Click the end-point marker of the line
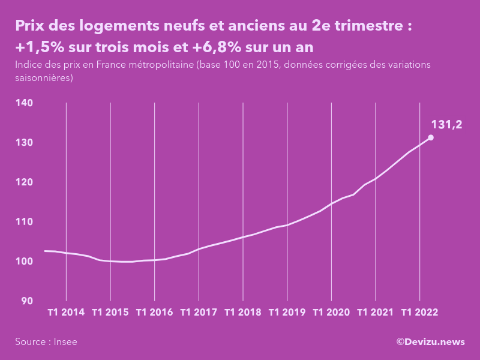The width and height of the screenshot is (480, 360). coord(431,137)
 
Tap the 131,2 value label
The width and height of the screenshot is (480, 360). coord(446,124)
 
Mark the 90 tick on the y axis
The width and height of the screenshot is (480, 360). coord(27,301)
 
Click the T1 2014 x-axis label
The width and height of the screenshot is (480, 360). coord(66,313)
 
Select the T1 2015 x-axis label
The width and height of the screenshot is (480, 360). coord(110,313)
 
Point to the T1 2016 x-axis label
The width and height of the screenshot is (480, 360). coord(155,313)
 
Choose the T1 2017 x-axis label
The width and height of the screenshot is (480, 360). coord(199,313)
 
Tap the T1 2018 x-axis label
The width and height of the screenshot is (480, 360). coord(243,313)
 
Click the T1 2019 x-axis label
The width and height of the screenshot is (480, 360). coord(287,313)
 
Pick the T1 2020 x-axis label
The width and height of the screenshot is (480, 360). coord(331,313)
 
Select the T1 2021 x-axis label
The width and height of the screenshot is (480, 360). coord(376,313)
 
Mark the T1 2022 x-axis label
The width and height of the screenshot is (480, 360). coord(419,313)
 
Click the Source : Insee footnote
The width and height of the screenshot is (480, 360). coord(46,342)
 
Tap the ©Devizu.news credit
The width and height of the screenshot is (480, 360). coord(430,342)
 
